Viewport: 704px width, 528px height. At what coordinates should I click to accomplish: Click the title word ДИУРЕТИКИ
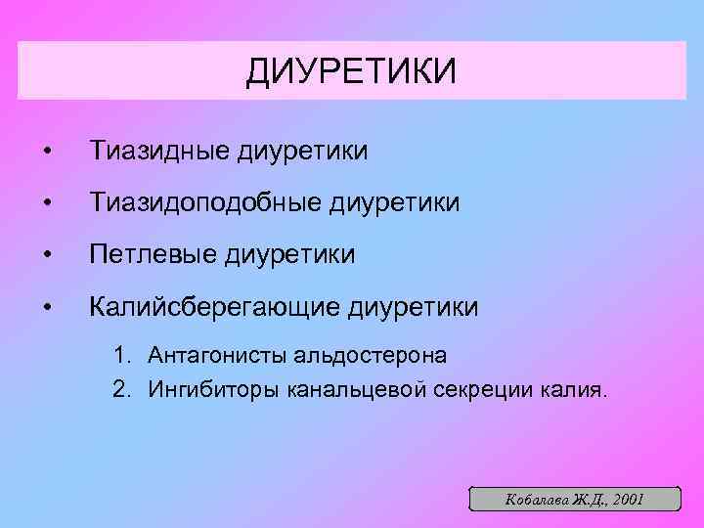[x=351, y=70]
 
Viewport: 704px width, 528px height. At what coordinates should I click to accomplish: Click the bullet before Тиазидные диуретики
[x=46, y=153]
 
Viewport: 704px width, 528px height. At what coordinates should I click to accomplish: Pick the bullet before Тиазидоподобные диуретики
[x=46, y=204]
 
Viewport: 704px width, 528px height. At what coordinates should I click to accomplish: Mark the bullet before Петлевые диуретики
[x=46, y=257]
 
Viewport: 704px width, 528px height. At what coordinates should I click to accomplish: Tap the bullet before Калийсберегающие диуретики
[x=46, y=309]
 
